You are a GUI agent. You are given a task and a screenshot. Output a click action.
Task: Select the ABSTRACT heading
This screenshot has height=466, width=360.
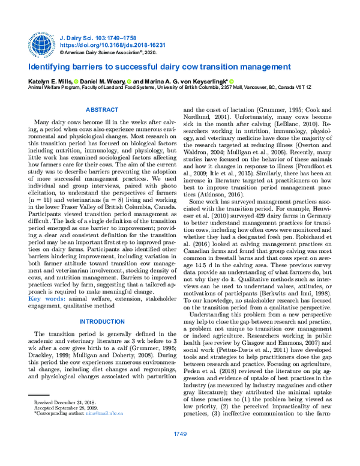[x=102, y=110]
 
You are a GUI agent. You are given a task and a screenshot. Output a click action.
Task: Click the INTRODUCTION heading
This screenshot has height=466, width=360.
[x=102, y=321]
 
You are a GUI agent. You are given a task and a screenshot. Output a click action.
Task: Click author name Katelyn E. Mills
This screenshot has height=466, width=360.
[x=50, y=80]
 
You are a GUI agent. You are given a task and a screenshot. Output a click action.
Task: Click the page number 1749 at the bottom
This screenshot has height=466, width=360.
[x=180, y=450]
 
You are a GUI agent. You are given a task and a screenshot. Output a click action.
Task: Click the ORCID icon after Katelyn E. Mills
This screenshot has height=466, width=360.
[x=76, y=80]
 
